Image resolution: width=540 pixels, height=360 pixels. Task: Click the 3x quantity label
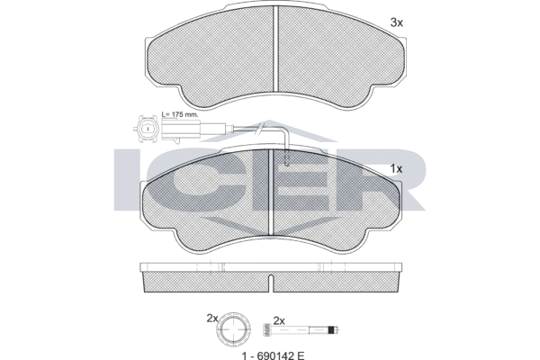pos(396,22)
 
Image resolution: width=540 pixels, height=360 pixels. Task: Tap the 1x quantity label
pos(396,169)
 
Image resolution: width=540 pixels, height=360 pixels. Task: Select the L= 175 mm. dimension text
pos(180,114)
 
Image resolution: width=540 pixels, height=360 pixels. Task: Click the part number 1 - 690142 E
pos(274,355)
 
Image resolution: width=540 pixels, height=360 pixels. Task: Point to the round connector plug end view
pos(147,128)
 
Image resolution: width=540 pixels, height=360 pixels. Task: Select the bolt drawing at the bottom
pos(301,329)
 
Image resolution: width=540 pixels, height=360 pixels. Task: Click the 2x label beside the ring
pos(212,319)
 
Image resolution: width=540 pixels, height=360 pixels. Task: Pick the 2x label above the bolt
pos(279,321)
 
